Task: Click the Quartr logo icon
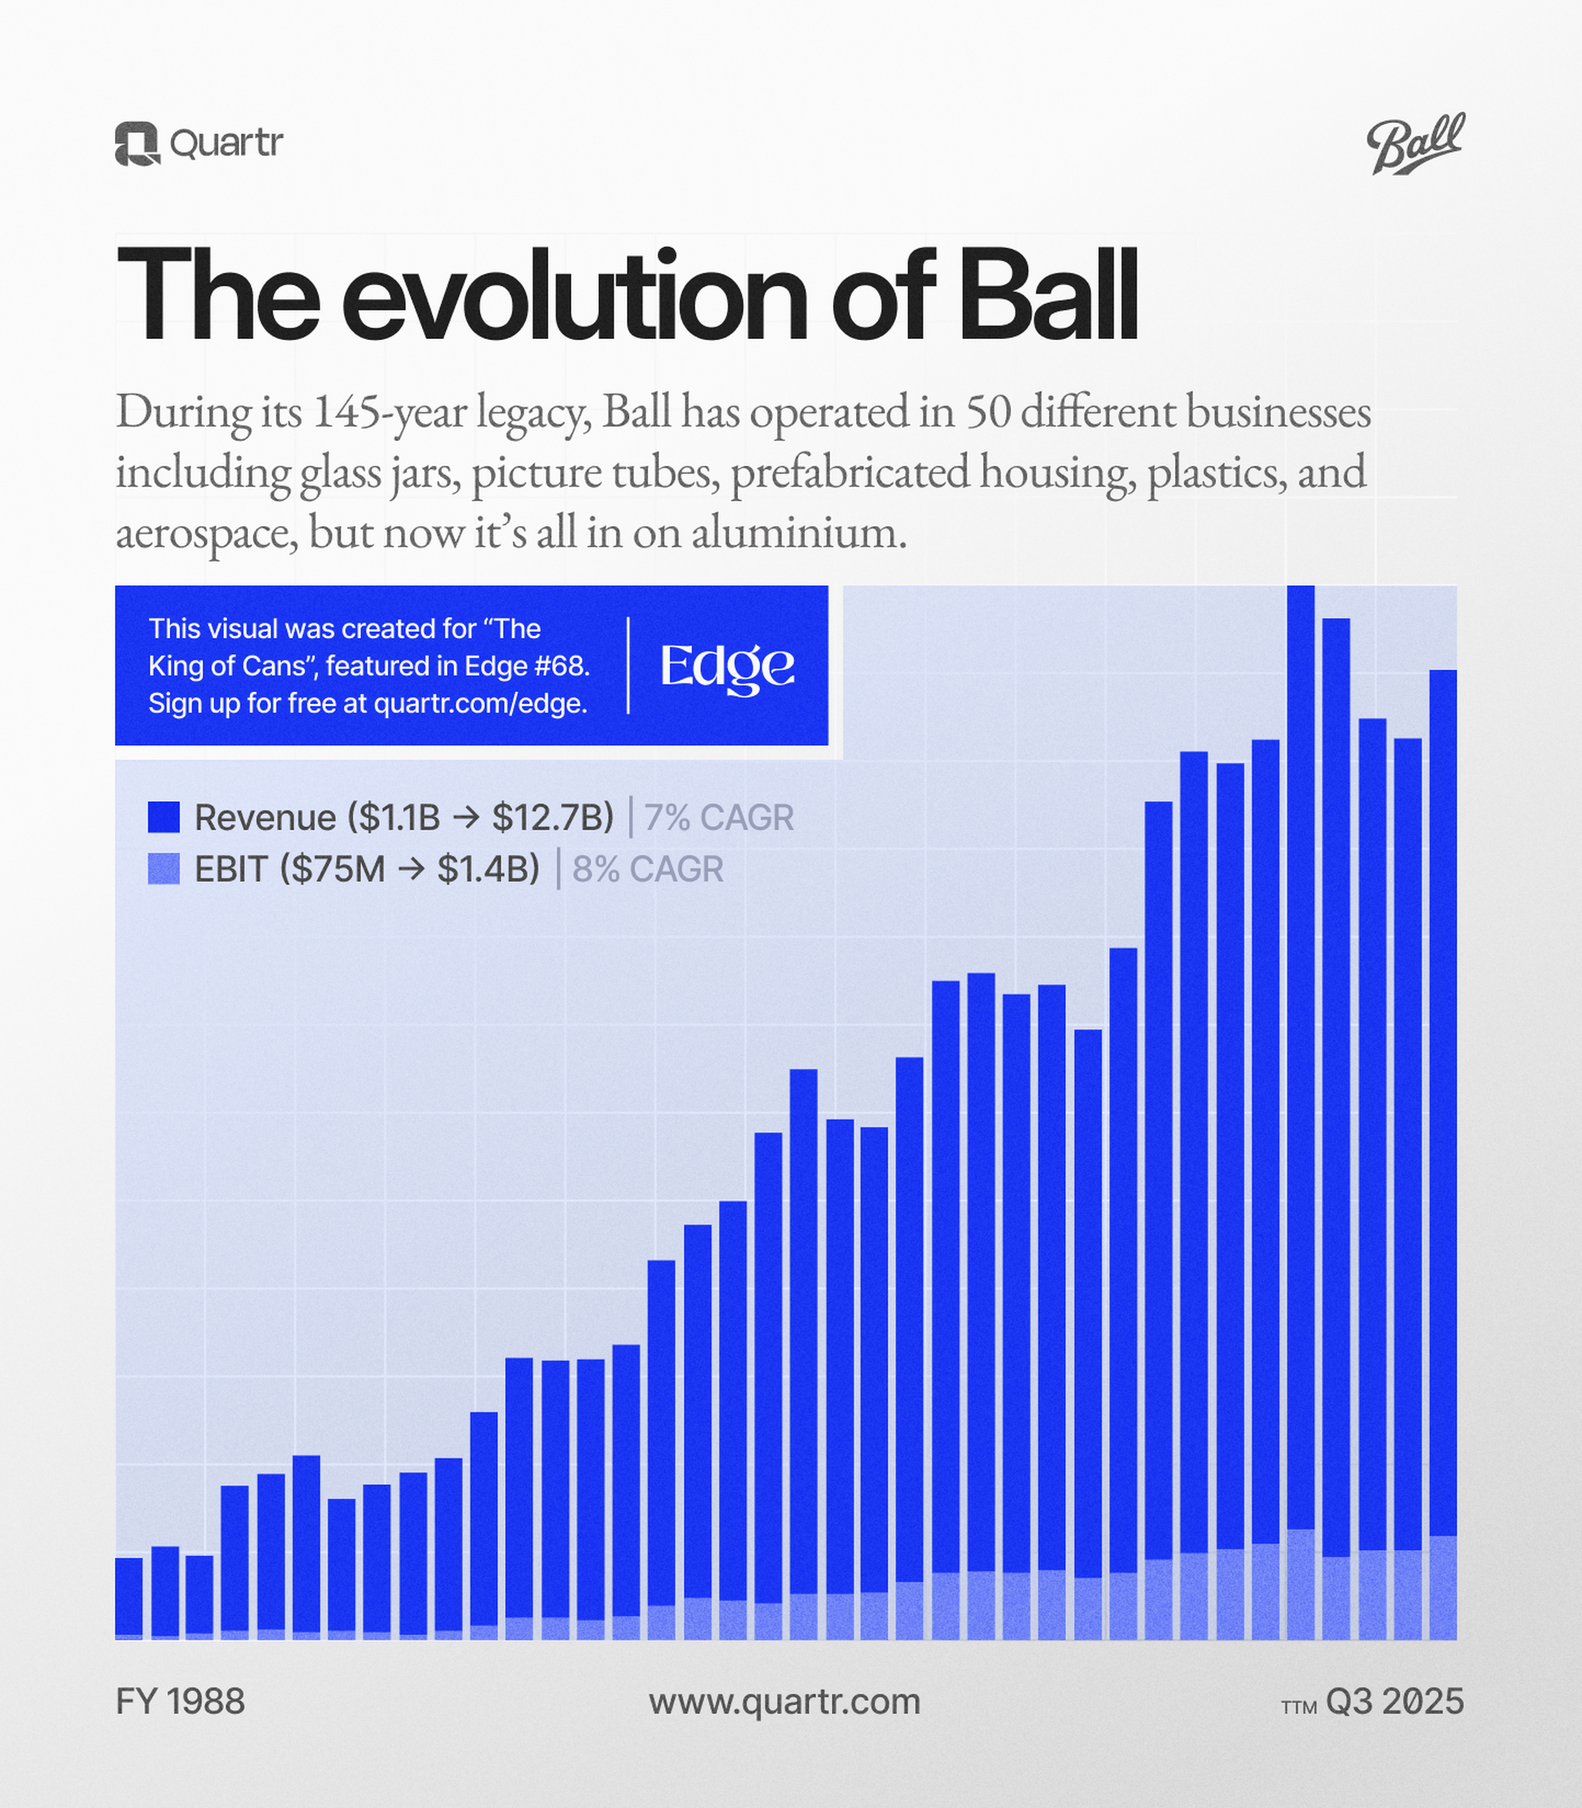137,143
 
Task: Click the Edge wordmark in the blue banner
728,667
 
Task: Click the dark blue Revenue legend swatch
163,817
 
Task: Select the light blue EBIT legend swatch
163,869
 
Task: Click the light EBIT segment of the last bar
1442,1589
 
